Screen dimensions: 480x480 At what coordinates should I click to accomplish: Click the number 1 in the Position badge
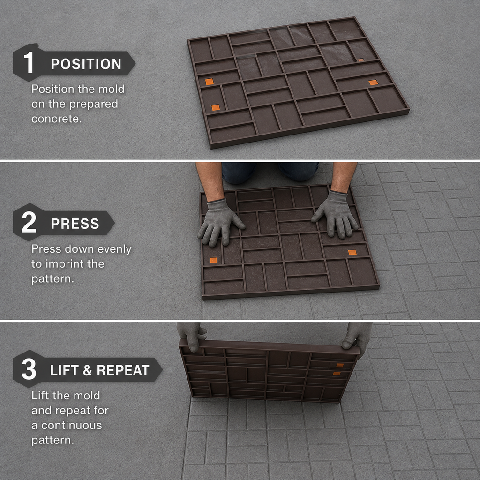(29, 62)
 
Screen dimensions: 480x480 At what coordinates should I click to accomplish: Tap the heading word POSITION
(86, 64)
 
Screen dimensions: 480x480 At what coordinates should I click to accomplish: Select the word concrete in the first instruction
(57, 119)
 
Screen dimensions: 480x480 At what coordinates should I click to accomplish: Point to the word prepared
(92, 105)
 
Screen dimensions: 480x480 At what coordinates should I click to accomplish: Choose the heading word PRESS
(75, 224)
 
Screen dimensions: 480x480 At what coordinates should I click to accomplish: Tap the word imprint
(65, 264)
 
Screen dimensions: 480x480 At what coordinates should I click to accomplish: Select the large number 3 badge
(29, 369)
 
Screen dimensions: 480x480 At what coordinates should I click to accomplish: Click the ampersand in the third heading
(87, 370)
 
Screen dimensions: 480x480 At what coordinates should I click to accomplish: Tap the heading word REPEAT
(123, 370)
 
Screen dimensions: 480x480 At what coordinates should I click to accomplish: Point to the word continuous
(71, 426)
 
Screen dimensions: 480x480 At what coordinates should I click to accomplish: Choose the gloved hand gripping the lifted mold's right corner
(357, 337)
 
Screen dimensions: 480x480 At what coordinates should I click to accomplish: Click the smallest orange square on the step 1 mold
(361, 60)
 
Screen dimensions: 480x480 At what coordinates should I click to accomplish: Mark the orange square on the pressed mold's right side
(352, 252)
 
